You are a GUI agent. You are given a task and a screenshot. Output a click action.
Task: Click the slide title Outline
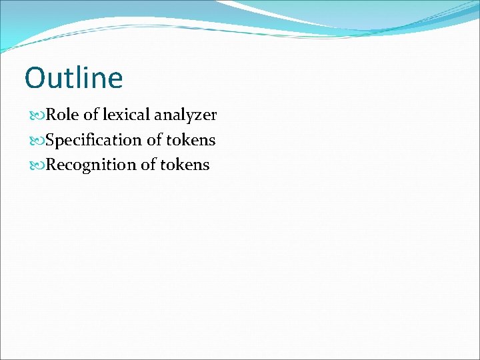(x=74, y=78)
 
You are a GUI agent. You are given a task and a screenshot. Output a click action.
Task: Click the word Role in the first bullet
(x=63, y=115)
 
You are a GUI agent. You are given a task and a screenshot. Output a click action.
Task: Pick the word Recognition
(x=91, y=165)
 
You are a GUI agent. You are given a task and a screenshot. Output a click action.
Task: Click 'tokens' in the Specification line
(x=192, y=140)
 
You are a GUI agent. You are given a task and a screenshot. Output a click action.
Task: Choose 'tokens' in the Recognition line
(x=185, y=165)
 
